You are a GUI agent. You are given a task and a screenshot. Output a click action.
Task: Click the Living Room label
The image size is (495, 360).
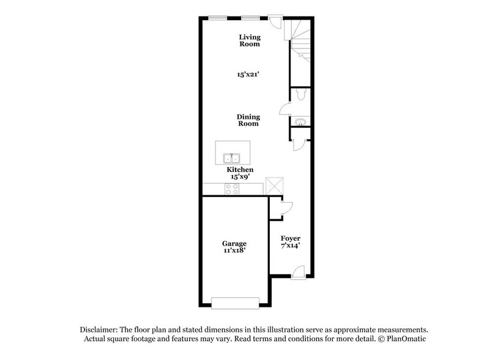[249, 40]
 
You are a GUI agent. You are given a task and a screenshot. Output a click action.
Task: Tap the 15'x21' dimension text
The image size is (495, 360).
[249, 75]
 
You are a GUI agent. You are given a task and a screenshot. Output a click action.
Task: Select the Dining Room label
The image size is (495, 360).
[248, 120]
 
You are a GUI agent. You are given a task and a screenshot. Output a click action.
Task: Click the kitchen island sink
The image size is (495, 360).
[233, 157]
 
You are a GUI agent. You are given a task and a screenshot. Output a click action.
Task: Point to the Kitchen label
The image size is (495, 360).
[240, 170]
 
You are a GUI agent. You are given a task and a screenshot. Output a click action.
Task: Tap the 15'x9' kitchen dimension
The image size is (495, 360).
[240, 176]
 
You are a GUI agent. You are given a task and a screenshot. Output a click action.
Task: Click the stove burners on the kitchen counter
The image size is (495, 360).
[233, 189]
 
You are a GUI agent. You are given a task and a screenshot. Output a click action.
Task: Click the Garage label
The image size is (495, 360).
[234, 244]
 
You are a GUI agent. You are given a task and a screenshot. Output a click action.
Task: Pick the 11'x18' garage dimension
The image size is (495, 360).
[234, 251]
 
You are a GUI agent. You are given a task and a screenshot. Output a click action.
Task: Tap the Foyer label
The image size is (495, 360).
[291, 238]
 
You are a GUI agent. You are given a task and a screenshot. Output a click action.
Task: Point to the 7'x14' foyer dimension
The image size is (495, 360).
[291, 246]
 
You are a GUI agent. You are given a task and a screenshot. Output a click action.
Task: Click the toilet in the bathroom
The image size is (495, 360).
[300, 96]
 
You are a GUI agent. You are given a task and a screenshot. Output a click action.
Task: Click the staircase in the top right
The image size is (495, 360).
[300, 40]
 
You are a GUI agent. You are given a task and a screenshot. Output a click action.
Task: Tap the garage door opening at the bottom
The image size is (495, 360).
[235, 302]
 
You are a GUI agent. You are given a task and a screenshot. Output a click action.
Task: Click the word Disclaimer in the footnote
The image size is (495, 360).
[100, 329]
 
